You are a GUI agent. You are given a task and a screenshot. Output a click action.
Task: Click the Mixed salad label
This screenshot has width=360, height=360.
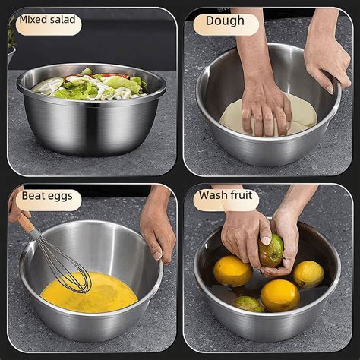pos(47,21)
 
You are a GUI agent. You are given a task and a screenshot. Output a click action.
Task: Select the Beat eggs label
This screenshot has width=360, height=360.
pos(47,196)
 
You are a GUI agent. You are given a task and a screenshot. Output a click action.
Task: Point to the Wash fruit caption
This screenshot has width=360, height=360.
pos(226,196)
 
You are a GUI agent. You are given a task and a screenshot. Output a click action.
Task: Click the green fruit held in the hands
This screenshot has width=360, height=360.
pos(271,250)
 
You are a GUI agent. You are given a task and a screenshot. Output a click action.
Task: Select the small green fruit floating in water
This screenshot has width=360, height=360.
pos(248,303)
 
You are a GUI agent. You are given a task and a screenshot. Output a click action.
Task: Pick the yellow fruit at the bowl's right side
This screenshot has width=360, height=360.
pos(308,274)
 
